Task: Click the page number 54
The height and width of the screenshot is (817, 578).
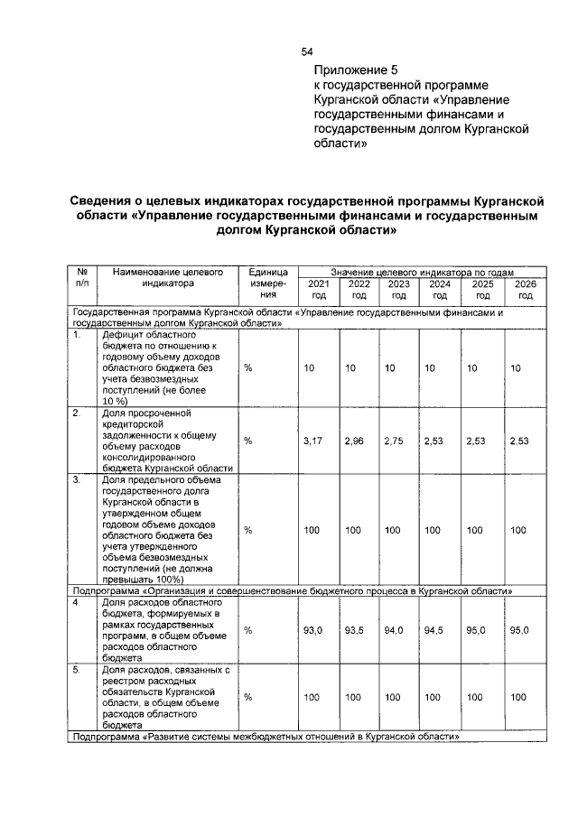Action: [307, 51]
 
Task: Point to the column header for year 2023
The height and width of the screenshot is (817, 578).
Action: [398, 289]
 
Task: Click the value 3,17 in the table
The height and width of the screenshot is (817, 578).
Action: [312, 441]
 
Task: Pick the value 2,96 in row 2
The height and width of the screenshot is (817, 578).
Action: [354, 441]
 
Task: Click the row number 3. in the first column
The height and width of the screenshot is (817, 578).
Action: [79, 480]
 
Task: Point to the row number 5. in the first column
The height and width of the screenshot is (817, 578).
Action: [79, 670]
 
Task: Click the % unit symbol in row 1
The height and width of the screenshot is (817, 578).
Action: [247, 368]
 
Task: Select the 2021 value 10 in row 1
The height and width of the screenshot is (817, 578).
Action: [309, 368]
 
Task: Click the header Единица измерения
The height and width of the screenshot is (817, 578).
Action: [266, 283]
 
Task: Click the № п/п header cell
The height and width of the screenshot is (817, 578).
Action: [82, 276]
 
